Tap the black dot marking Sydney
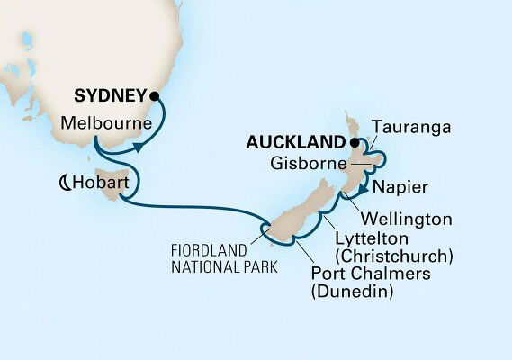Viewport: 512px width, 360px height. pos(155,94)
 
